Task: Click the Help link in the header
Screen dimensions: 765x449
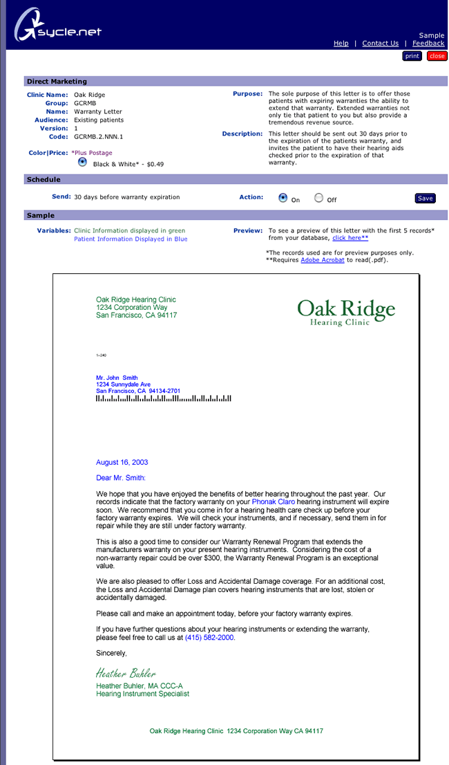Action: click(341, 43)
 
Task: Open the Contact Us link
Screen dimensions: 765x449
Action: click(380, 43)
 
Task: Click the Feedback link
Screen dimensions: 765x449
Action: click(428, 43)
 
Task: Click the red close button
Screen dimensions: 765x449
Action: click(437, 56)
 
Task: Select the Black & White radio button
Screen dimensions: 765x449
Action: click(83, 162)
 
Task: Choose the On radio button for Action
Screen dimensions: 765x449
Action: click(283, 197)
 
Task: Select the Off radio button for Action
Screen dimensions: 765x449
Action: click(318, 197)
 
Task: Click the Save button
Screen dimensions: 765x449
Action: click(426, 199)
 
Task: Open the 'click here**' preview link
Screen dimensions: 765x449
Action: click(350, 237)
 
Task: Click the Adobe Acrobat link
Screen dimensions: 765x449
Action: click(323, 260)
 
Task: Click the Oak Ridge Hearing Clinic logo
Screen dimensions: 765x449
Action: click(346, 312)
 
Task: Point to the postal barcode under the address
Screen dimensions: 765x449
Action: click(164, 398)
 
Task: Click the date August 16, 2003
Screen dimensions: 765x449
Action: click(122, 462)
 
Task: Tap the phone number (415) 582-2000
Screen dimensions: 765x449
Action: click(210, 638)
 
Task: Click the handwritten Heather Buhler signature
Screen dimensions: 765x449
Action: click(126, 673)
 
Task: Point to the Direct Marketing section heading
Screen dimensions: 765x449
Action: click(57, 82)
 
